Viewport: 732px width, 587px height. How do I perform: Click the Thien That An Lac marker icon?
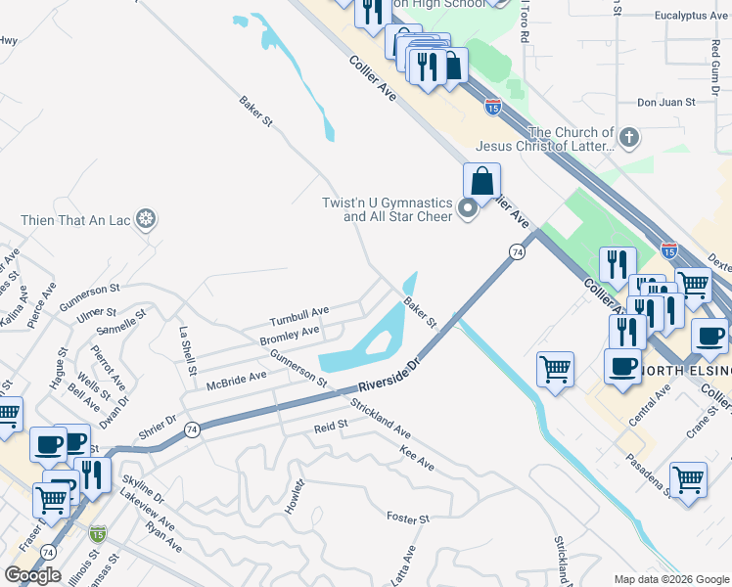pyautogui.click(x=146, y=217)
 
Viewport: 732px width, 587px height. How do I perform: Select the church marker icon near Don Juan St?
pyautogui.click(x=628, y=137)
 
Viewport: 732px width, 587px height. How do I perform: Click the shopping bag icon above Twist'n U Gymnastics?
pyautogui.click(x=481, y=181)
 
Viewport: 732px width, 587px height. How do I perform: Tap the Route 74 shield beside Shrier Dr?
pyautogui.click(x=192, y=429)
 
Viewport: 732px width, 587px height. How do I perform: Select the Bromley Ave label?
pyautogui.click(x=289, y=336)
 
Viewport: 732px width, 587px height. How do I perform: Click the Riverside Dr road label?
pyautogui.click(x=388, y=376)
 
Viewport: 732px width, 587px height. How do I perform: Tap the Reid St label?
pyautogui.click(x=331, y=428)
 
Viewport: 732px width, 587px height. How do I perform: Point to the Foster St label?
pyautogui.click(x=408, y=517)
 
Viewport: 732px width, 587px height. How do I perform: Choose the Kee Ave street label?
pyautogui.click(x=417, y=457)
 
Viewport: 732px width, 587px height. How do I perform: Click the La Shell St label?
pyautogui.click(x=186, y=345)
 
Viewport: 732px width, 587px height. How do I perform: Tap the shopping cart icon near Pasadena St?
pyautogui.click(x=689, y=480)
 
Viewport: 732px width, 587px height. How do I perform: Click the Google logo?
pyautogui.click(x=32, y=575)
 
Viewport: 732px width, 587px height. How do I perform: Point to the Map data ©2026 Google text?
pyautogui.click(x=670, y=579)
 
